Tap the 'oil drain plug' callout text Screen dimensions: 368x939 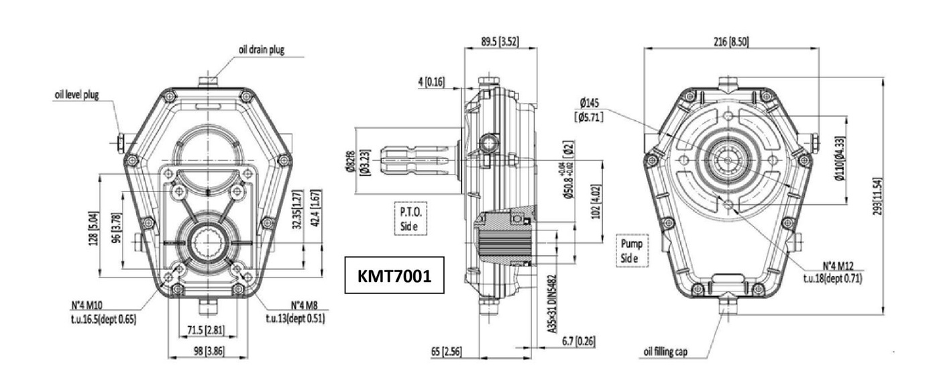(261, 50)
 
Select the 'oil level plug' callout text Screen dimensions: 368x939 (76, 95)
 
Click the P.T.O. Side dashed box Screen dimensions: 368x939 (410, 218)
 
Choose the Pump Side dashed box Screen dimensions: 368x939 (630, 249)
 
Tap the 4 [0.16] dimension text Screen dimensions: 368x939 (431, 82)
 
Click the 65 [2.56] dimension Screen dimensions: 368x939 (455, 351)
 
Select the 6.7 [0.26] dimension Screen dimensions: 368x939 (575, 342)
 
